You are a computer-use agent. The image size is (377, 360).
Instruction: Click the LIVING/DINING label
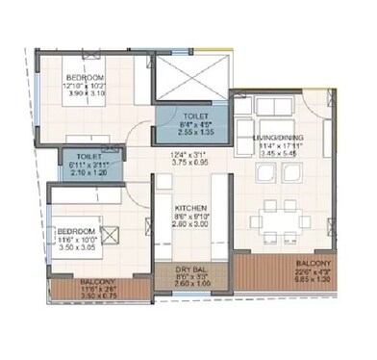pos(279,139)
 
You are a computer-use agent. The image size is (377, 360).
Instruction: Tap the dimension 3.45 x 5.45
pos(279,154)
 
